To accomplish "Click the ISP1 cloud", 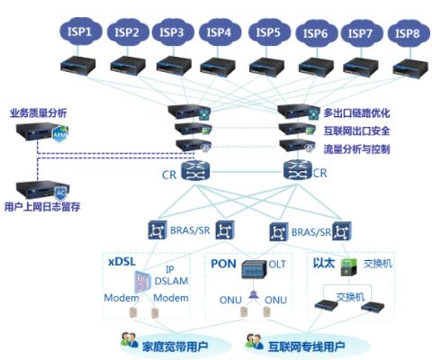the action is (80, 31).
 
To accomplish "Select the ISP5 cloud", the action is (269, 32).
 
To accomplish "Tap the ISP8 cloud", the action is (408, 33).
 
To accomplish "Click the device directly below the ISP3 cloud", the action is (174, 66).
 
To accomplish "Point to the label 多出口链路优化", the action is (356, 113).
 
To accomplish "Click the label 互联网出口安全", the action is (356, 130).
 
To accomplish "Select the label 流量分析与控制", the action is (356, 149).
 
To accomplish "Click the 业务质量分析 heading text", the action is (39, 113).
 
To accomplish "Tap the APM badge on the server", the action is (60, 134).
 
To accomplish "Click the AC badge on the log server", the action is (61, 193).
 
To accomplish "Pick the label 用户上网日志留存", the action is (42, 207).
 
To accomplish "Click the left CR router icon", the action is (195, 171).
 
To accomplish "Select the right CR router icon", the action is (298, 170).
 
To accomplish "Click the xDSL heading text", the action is (121, 261).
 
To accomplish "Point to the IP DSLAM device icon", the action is (142, 282).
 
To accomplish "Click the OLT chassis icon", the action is (254, 268).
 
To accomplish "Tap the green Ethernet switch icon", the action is (349, 267).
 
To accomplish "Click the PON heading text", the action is (223, 264).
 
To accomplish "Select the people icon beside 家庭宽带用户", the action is (130, 340).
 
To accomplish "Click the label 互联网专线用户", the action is (306, 346).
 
